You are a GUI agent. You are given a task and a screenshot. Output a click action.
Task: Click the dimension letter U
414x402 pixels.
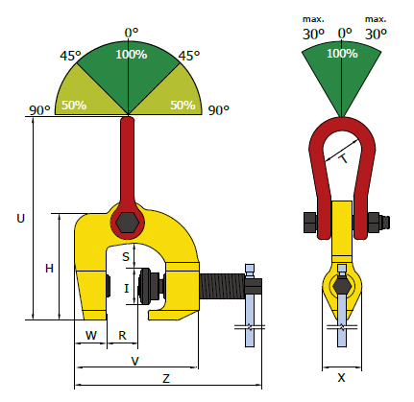coord(20,219)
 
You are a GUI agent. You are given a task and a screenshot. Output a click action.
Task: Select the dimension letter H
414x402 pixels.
coord(49,269)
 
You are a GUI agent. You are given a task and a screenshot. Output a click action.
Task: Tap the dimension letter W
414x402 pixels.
coord(91,335)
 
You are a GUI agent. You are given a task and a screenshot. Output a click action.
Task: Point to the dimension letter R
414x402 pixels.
coord(122,335)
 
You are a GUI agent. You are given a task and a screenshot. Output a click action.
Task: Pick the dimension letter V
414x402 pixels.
coord(135,361)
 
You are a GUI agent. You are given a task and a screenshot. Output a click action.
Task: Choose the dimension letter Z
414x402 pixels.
coord(166,379)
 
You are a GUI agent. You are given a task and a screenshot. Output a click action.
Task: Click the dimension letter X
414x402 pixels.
coord(342,378)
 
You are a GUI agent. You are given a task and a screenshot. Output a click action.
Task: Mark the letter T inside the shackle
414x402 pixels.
coord(344,158)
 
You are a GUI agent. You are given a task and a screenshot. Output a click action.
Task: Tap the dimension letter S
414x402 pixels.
coord(126,256)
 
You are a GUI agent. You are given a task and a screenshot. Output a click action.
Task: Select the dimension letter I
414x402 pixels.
coord(127,288)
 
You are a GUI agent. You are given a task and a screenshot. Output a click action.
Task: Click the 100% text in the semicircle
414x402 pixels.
coord(132,55)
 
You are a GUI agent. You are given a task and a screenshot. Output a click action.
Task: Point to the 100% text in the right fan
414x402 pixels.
coord(342,53)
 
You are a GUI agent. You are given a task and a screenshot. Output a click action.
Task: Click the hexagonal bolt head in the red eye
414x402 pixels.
coord(128,223)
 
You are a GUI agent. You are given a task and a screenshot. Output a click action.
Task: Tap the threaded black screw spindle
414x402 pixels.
coord(222,286)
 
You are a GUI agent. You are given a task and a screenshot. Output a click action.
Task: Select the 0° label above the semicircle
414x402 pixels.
coord(132,33)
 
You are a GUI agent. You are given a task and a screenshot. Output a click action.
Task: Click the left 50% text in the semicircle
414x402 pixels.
coord(74,105)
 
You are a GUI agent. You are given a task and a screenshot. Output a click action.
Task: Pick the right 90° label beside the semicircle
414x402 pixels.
coord(219,110)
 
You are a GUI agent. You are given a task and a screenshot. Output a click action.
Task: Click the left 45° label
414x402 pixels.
coord(70,56)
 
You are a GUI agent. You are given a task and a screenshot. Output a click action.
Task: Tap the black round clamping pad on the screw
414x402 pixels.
coord(147,286)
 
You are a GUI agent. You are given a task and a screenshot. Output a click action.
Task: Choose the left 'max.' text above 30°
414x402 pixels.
coord(313,19)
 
